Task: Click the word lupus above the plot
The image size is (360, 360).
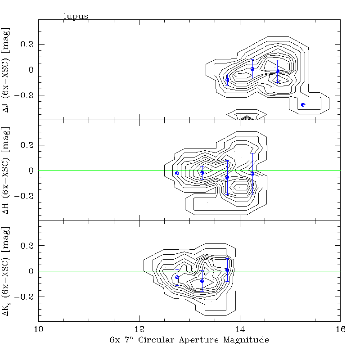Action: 76,16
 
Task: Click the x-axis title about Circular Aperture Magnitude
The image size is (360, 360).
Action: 189,340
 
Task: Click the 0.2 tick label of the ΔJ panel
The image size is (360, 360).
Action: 28,45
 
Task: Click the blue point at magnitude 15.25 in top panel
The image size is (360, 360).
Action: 303,104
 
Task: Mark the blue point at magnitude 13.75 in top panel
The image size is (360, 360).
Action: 227,80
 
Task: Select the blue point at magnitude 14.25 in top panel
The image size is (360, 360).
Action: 252,69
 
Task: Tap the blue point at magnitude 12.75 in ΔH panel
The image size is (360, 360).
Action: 177,173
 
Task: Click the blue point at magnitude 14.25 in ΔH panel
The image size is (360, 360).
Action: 252,173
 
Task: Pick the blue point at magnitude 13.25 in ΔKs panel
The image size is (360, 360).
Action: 202,281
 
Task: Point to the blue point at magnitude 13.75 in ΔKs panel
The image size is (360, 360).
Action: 227,270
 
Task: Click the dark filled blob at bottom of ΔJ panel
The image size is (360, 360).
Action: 246,118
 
